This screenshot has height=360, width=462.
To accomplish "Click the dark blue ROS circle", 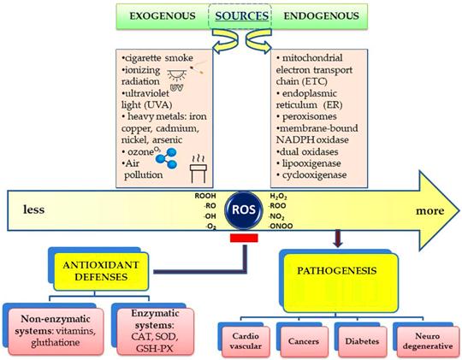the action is [243, 210].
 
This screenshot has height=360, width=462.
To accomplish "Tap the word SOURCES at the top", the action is [241, 15].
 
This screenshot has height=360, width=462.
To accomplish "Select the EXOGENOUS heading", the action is [163, 15].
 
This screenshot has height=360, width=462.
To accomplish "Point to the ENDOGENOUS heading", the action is [321, 15].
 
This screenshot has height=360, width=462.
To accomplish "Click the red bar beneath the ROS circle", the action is [244, 238].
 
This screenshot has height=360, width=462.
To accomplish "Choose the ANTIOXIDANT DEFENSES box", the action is [101, 271].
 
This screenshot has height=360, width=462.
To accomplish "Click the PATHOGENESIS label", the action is [337, 270].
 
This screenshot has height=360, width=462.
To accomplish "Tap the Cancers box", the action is [304, 341].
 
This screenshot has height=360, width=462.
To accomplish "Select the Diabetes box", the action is [363, 341].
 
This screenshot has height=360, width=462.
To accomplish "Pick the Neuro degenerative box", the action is [428, 341].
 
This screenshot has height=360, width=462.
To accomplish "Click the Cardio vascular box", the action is [246, 341].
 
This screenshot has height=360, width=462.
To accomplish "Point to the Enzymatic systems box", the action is [155, 331].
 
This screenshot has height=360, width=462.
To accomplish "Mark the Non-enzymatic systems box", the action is [56, 331].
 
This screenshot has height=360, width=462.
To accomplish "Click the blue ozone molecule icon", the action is [167, 158].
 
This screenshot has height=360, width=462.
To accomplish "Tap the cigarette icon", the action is [197, 68].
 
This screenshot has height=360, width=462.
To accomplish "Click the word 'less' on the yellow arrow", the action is [34, 210].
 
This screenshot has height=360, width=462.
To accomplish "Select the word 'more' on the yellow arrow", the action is [429, 211].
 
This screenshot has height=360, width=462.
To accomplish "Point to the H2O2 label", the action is [278, 197].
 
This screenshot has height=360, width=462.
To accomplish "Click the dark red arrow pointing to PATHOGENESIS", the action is [338, 238].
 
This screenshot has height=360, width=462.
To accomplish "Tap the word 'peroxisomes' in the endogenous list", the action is [310, 116].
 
